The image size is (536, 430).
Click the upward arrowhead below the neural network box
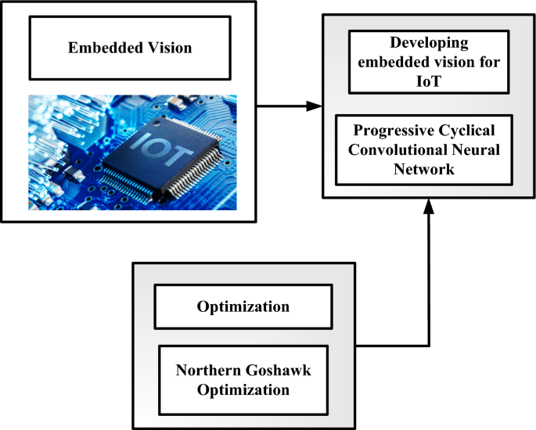(x=429, y=206)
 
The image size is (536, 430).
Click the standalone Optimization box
(x=243, y=306)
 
